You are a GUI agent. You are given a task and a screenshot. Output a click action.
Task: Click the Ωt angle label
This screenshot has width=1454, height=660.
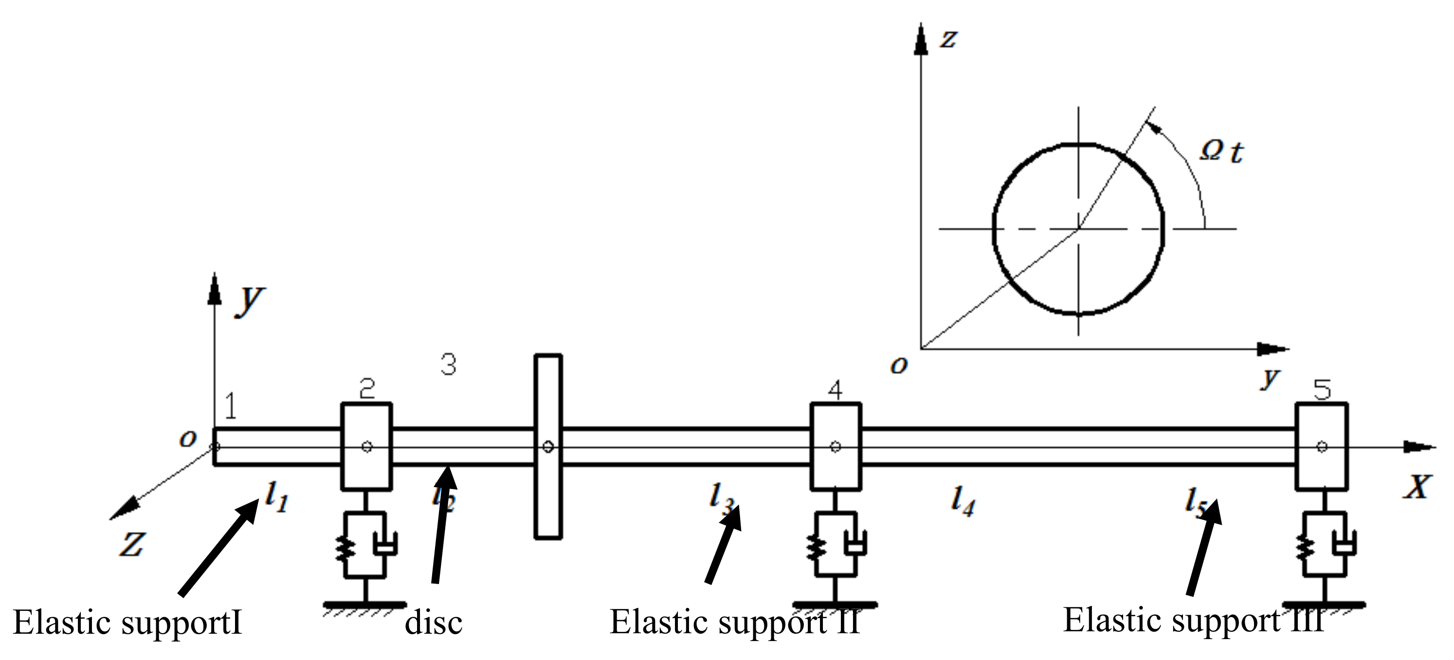point(1221,151)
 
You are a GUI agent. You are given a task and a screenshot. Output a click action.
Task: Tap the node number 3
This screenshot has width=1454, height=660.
point(448,365)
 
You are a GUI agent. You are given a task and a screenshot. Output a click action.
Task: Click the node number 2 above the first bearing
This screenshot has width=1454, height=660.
point(367,388)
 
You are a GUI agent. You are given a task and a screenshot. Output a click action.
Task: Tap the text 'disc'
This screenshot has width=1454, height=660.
point(434,623)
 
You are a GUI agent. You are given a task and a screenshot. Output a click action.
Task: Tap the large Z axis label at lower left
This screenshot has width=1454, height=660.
point(131,545)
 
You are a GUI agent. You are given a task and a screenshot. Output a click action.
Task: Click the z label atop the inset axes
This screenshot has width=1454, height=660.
point(948,38)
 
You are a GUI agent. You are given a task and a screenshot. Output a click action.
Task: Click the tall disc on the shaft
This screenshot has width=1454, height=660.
point(548,497)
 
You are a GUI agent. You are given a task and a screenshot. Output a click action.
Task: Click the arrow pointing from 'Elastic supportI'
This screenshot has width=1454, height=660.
point(218,549)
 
